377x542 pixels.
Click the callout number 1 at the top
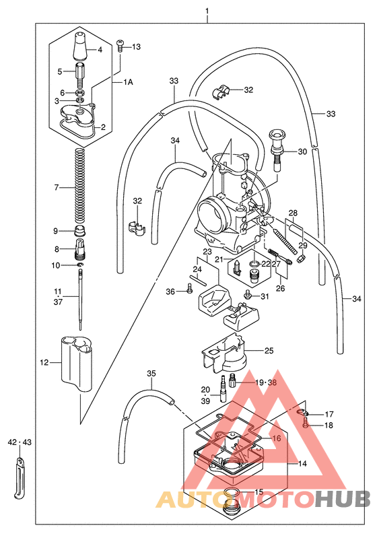pos(207,11)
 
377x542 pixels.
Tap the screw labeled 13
pos(121,46)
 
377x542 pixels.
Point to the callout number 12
pos(44,363)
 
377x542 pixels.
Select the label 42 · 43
pos(20,443)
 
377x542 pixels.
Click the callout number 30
pos(302,151)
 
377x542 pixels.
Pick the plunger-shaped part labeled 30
pos(277,145)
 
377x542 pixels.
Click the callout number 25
pos(269,351)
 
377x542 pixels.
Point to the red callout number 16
pos(276,438)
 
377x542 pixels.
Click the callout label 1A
pos(127,81)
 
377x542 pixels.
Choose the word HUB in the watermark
pos(343,499)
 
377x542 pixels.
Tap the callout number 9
pos(56,231)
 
